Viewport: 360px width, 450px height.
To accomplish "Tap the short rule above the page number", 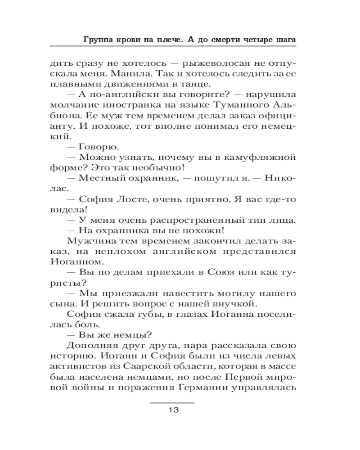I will [x=172, y=402].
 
